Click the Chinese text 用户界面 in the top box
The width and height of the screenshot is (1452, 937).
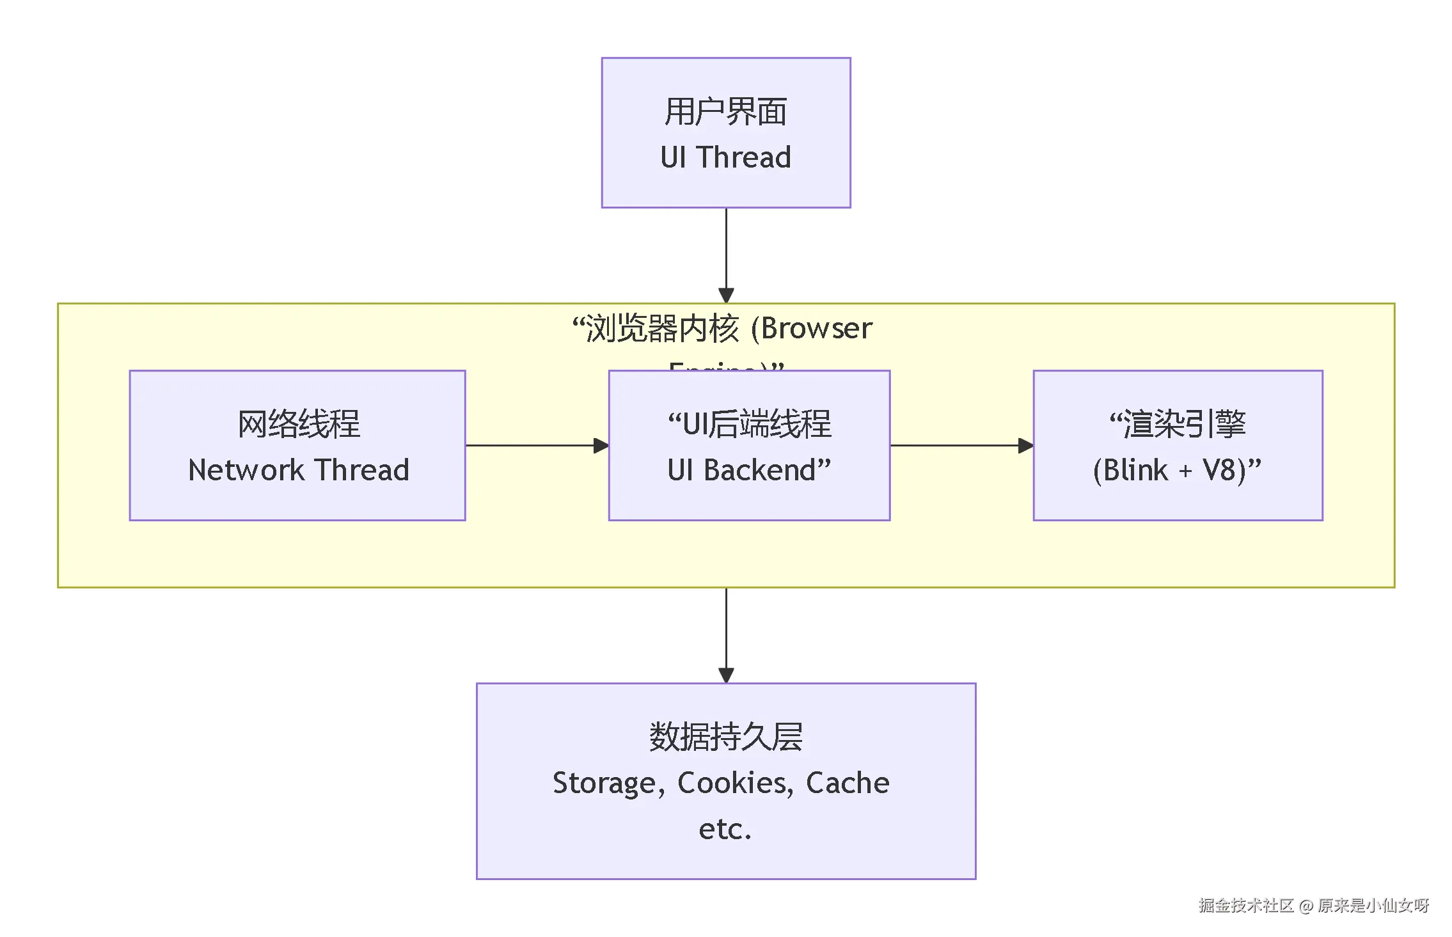(x=725, y=112)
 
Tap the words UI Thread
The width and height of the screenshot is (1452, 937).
(x=725, y=157)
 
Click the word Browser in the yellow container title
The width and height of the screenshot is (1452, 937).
(x=816, y=328)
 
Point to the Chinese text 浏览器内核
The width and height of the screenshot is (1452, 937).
(x=663, y=328)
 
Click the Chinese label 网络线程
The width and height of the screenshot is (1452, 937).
(x=298, y=424)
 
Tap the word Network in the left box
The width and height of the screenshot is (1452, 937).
(x=246, y=470)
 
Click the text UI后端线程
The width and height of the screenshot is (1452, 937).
(x=757, y=424)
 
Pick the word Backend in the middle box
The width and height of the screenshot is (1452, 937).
(x=760, y=470)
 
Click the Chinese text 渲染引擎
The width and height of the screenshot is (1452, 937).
(x=1185, y=424)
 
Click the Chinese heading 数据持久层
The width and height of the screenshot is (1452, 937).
(x=725, y=737)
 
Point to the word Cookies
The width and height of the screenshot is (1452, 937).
(x=734, y=783)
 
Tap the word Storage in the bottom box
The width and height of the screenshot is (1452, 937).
(x=604, y=783)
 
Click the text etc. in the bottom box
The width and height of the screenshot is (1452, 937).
(x=725, y=829)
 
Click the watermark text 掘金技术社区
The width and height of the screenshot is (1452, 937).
(x=1245, y=905)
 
